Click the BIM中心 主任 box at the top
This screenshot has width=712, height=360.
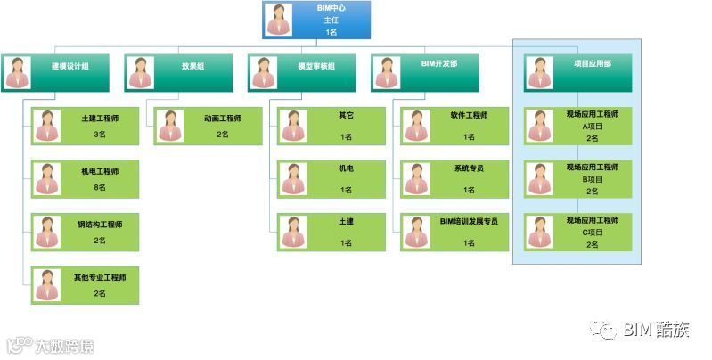[316, 20]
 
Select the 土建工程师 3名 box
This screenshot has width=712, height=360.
[85, 126]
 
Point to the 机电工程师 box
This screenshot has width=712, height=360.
[85, 178]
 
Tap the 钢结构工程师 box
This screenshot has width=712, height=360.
[85, 232]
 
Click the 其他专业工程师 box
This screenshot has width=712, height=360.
[85, 285]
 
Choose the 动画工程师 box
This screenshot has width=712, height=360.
[209, 126]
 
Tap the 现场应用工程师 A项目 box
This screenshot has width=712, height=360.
[578, 126]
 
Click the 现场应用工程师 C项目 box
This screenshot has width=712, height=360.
[578, 232]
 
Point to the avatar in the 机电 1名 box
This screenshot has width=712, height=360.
[293, 178]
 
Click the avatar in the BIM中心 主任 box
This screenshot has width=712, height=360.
[279, 20]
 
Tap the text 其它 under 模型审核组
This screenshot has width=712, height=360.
[346, 116]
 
